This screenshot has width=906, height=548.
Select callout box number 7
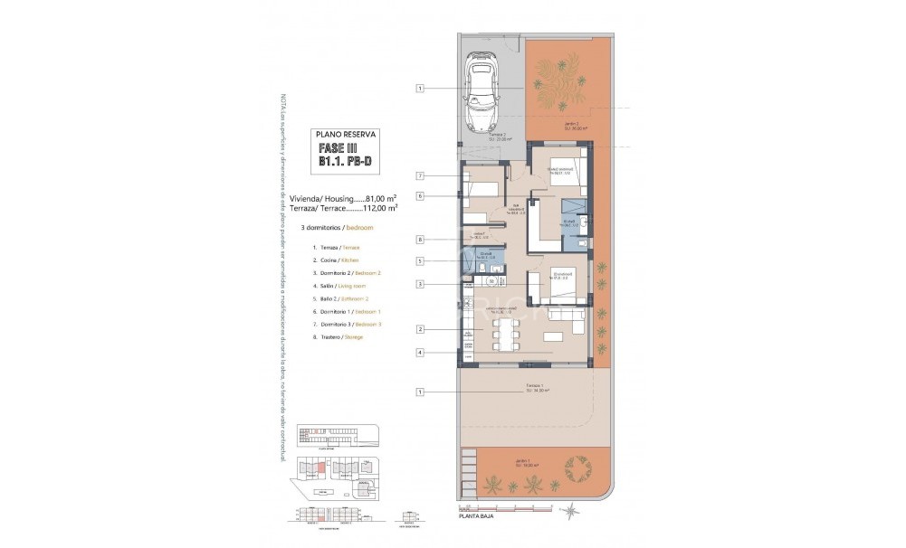tap(421, 175)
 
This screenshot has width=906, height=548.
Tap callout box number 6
tap(421, 195)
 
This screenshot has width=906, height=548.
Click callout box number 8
tap(421, 240)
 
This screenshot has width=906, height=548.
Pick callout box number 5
tap(421, 261)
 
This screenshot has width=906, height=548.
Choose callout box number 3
tap(421, 284)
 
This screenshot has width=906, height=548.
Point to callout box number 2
tap(421, 329)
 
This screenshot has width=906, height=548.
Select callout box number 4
tap(421, 352)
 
